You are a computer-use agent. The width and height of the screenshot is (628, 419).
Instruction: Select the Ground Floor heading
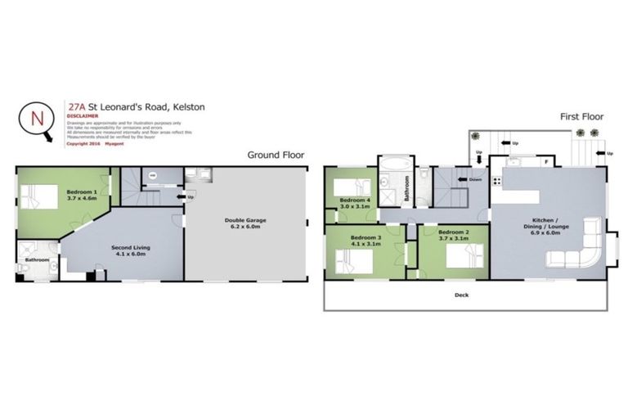[276, 154]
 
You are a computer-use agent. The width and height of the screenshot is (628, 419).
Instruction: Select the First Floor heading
[581, 117]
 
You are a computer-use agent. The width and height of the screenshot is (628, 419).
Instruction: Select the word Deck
[462, 295]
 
